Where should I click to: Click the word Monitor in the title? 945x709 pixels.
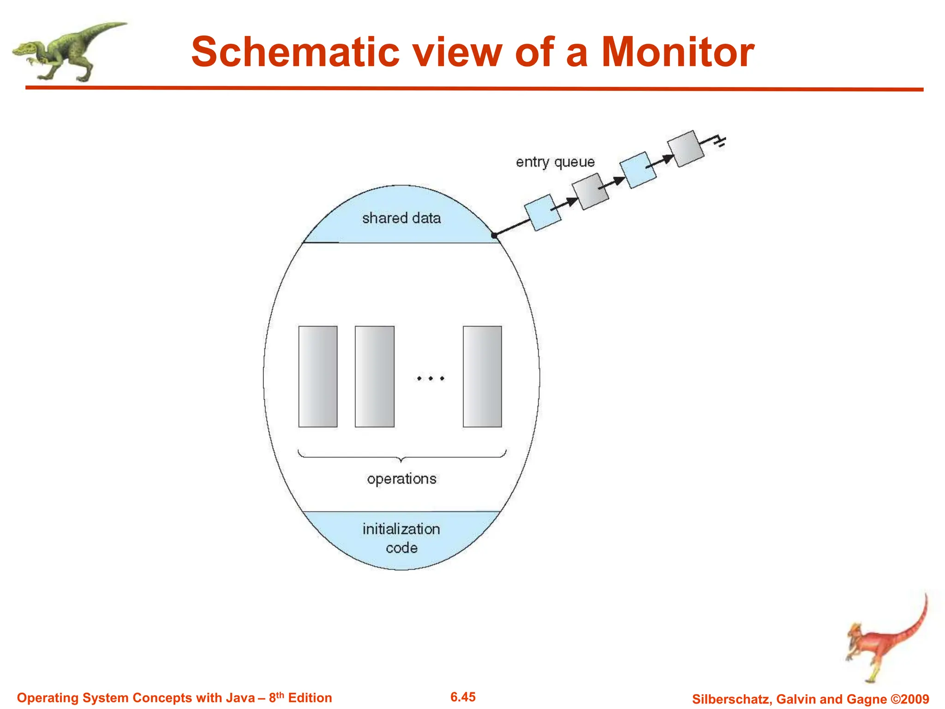click(x=677, y=52)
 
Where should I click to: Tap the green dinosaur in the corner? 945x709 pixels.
click(x=65, y=52)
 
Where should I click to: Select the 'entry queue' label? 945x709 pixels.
click(x=555, y=162)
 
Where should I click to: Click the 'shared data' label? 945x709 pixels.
click(x=401, y=218)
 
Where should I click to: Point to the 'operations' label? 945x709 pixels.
click(x=401, y=479)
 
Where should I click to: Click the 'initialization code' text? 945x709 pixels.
click(x=401, y=538)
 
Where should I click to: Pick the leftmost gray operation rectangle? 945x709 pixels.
click(x=317, y=376)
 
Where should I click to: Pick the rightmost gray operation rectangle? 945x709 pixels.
click(x=482, y=376)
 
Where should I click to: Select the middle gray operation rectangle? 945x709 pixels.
click(x=374, y=376)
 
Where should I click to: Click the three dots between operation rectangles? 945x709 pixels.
click(x=430, y=379)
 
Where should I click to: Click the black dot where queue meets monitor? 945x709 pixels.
click(x=494, y=236)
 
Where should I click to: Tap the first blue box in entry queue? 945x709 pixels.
click(x=543, y=212)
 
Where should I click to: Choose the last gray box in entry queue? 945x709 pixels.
click(x=686, y=149)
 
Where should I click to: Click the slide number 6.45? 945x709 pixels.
click(x=463, y=697)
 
